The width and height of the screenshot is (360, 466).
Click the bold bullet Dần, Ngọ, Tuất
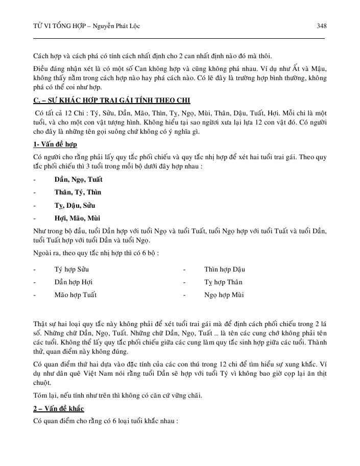(x=78, y=179)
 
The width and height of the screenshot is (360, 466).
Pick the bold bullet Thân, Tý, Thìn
(x=78, y=192)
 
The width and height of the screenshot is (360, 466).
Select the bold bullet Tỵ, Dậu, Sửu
(x=75, y=206)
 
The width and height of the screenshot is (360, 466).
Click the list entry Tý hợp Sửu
(x=75, y=269)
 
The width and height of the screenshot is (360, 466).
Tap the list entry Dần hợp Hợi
(x=74, y=282)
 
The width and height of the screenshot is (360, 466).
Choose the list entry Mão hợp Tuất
(x=76, y=295)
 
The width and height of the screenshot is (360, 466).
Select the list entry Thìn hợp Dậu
(x=225, y=269)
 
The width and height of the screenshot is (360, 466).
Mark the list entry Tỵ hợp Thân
(x=223, y=282)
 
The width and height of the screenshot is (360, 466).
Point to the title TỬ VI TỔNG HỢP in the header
(x=56, y=26)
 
